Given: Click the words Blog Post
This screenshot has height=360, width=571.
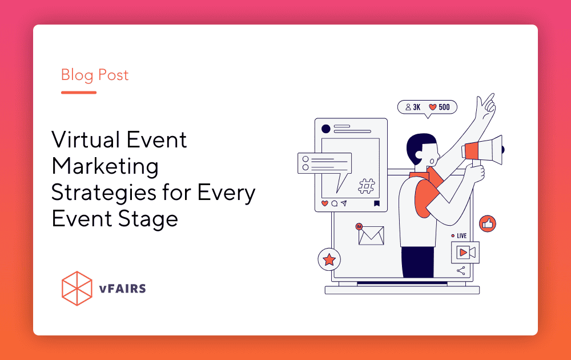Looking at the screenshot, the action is click(95, 75).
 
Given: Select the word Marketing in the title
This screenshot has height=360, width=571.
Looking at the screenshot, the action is click(105, 167).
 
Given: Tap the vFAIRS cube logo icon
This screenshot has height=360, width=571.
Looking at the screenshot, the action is click(77, 288).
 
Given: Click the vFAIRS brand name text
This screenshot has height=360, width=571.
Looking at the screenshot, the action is click(122, 289).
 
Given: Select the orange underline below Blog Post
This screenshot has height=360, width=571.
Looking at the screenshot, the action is click(79, 93).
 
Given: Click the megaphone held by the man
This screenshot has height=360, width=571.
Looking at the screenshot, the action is click(482, 150).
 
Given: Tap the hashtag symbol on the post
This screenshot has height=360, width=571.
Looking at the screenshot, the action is click(367, 186).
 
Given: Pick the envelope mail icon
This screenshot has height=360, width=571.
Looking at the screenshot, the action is click(371, 235).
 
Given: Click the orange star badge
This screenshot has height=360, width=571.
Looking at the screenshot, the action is click(329, 259).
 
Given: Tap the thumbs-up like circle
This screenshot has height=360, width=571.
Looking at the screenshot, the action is click(488, 223).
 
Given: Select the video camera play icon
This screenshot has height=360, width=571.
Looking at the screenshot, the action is click(465, 252).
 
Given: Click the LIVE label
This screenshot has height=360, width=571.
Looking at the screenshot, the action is click(461, 236).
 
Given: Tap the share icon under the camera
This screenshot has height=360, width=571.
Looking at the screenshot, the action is click(461, 271).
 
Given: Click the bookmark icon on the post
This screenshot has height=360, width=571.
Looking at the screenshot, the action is click(377, 203).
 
